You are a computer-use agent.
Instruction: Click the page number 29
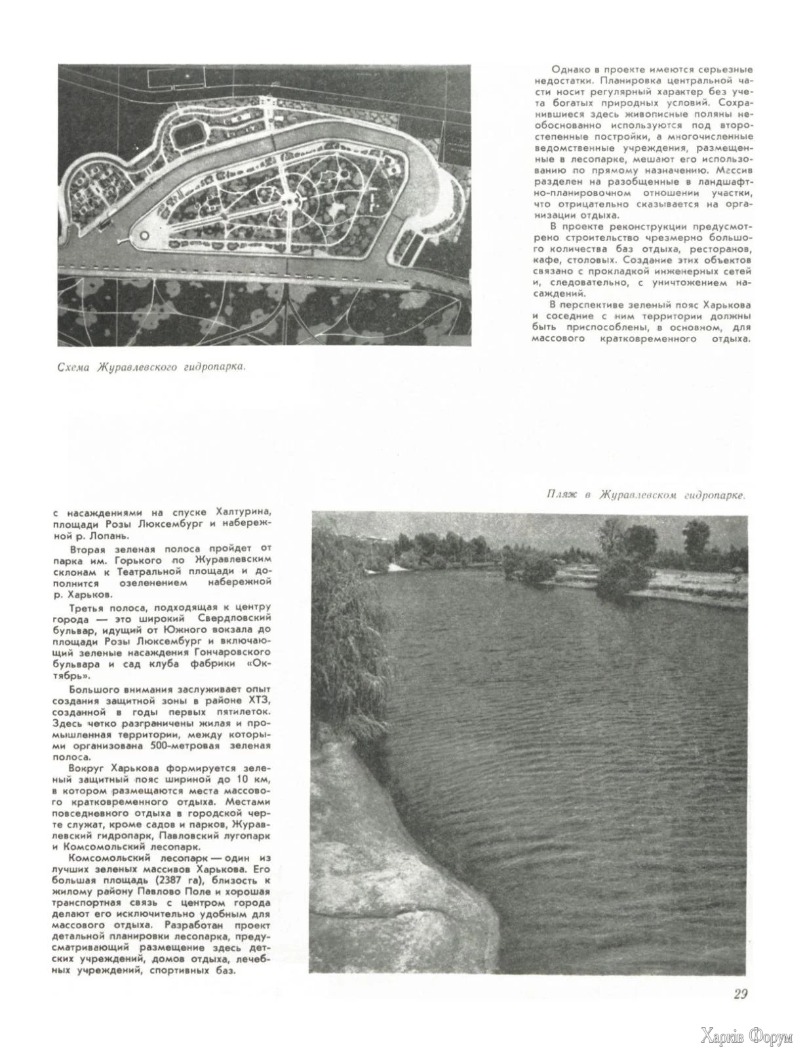(740, 994)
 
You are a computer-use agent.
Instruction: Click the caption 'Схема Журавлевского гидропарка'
(152, 367)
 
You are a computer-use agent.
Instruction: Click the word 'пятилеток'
(245, 712)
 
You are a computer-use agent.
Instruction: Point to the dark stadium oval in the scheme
(189, 136)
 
